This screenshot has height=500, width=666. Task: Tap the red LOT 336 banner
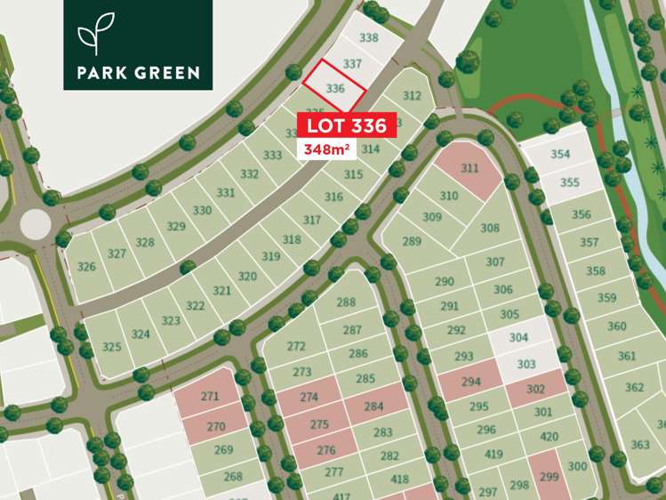click(x=347, y=125)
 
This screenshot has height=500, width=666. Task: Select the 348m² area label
click(x=325, y=149)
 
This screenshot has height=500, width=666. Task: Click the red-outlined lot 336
click(x=334, y=88)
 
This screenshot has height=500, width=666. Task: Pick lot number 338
click(x=368, y=37)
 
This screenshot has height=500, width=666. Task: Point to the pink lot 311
click(x=469, y=168)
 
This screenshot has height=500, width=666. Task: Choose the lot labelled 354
click(x=560, y=154)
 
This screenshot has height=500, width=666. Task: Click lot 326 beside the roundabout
click(x=86, y=267)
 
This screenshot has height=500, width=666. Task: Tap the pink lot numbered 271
click(x=209, y=397)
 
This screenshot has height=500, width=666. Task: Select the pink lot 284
click(x=373, y=407)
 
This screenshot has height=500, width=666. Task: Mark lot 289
click(x=412, y=241)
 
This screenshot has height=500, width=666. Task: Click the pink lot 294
click(x=470, y=382)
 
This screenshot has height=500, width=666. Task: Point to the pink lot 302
click(x=535, y=388)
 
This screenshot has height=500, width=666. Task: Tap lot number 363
click(x=640, y=444)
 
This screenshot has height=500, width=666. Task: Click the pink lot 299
click(x=548, y=475)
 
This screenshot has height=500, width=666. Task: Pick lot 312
click(x=411, y=96)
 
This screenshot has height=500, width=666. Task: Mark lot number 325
click(x=112, y=346)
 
